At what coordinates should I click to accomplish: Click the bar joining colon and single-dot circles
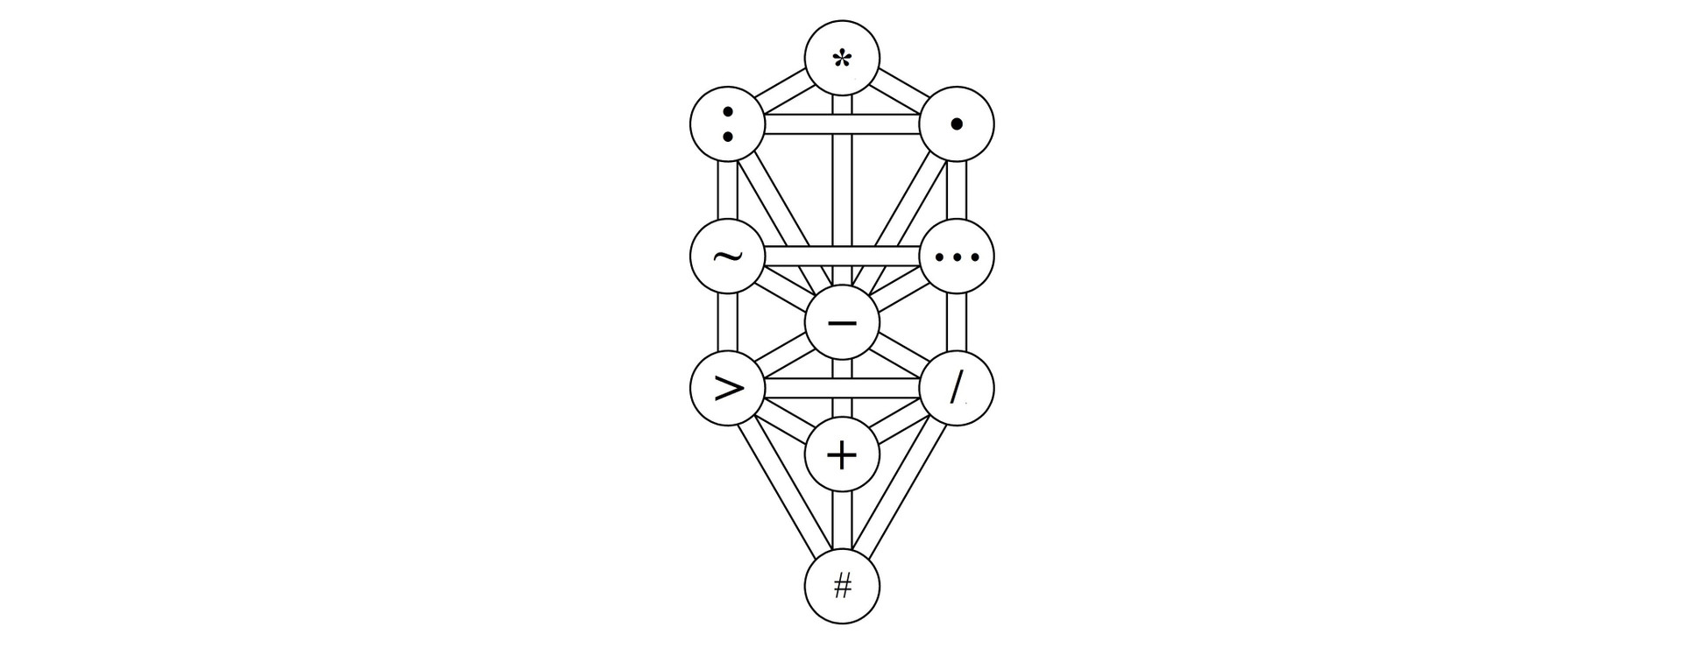pyautogui.click(x=842, y=124)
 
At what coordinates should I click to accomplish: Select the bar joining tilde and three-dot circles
pyautogui.click(x=842, y=257)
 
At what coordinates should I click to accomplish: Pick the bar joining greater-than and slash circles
pyautogui.click(x=842, y=388)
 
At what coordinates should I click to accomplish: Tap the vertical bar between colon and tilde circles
pyautogui.click(x=727, y=190)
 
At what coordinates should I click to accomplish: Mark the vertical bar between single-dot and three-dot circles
pyautogui.click(x=957, y=190)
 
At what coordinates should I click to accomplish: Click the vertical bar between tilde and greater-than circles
pyautogui.click(x=727, y=322)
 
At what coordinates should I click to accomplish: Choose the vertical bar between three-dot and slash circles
pyautogui.click(x=957, y=322)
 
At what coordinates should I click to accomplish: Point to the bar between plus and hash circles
pyautogui.click(x=842, y=520)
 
